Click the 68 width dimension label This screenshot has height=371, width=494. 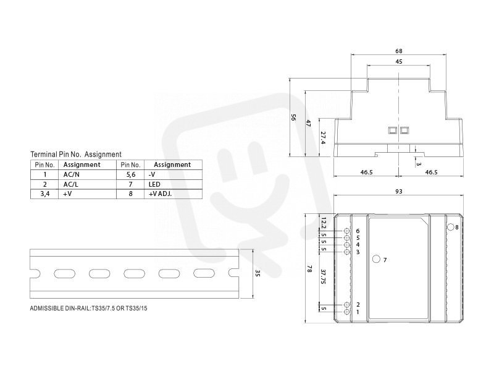tap(398, 51)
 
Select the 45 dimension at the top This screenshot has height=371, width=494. tap(398, 61)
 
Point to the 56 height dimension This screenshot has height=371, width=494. tap(293, 117)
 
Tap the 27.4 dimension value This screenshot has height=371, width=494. tap(323, 138)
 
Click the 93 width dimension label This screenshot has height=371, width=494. tap(398, 191)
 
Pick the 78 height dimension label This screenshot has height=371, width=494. tap(309, 269)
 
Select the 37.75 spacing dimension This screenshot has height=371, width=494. tap(323, 276)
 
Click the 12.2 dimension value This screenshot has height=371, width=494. tap(323, 222)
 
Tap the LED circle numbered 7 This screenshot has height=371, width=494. tap(376, 259)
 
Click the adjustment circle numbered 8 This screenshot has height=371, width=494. tap(451, 227)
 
